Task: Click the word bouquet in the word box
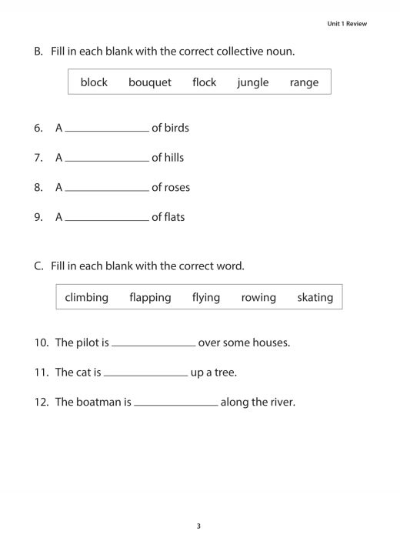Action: coord(150,82)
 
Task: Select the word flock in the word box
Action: coord(205,82)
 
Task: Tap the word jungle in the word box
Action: coord(253,82)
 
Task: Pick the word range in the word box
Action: coord(304,82)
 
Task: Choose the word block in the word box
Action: coord(94,82)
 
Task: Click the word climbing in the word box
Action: coord(86,297)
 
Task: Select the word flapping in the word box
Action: coord(150,297)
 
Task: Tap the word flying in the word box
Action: coord(206,297)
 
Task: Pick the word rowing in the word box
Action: coord(258,297)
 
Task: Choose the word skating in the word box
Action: coord(315,297)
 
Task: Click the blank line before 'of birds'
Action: coord(107,129)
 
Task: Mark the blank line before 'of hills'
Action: coord(107,159)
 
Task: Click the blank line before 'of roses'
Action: coord(107,189)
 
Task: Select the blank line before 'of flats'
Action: coord(107,219)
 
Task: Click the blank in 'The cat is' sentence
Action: coord(146,374)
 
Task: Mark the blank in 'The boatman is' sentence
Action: coord(176,403)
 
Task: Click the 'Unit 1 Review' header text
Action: coord(347,24)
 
